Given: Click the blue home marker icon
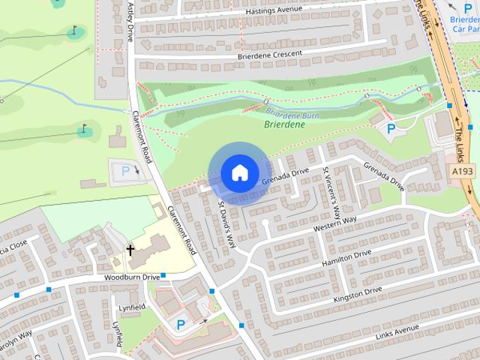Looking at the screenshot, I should click(x=238, y=172).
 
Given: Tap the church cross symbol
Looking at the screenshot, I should click(x=130, y=250).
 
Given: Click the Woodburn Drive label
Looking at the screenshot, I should click(x=130, y=278).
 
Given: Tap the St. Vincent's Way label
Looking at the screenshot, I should click(x=331, y=190).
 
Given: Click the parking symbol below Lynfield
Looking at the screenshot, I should click(x=181, y=324).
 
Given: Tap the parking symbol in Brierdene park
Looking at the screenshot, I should click(x=391, y=129).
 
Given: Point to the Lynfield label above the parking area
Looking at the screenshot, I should click(x=130, y=307).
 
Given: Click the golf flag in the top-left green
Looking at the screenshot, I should click(x=73, y=32).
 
